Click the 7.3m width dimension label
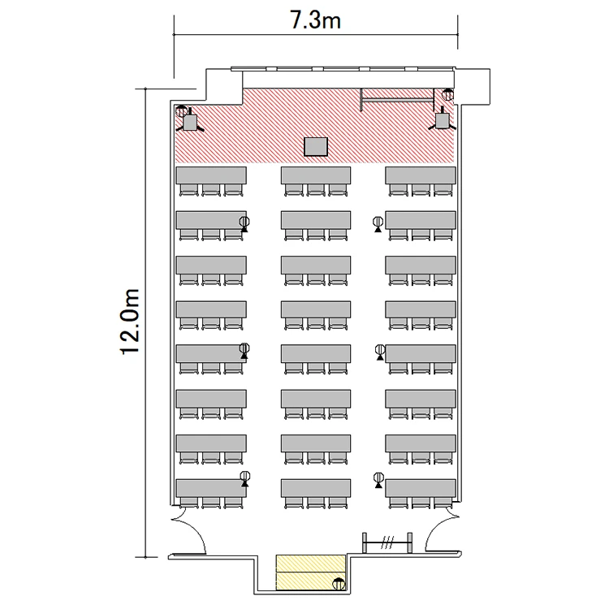click(x=316, y=20)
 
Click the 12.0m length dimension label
click(x=129, y=322)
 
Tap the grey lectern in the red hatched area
click(x=316, y=147)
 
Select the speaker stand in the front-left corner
click(x=190, y=121)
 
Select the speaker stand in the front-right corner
click(x=442, y=119)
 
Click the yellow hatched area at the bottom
click(x=311, y=572)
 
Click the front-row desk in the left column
click(x=211, y=175)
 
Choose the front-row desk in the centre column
click(x=316, y=175)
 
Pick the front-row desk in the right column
click(x=421, y=175)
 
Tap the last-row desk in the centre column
click(x=316, y=488)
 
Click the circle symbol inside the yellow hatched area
click(x=339, y=583)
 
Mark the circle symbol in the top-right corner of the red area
click(x=447, y=94)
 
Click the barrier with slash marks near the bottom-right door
click(x=387, y=542)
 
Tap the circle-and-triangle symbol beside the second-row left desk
click(x=244, y=224)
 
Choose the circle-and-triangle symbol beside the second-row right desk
click(x=378, y=224)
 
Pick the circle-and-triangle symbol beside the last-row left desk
click(x=245, y=478)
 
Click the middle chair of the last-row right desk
click(x=421, y=503)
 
